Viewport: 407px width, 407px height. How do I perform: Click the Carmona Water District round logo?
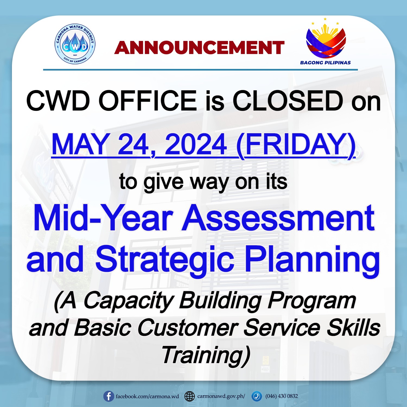coord(75,44)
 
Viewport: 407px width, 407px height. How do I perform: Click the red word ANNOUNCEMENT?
coord(199,48)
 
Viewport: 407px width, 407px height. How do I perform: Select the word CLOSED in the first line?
coord(288,101)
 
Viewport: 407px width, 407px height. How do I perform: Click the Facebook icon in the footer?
coord(109,396)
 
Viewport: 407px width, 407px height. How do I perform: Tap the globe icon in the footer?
coord(190,396)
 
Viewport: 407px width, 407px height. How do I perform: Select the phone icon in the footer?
coord(256,396)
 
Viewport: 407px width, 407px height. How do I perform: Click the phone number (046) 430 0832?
coord(282,396)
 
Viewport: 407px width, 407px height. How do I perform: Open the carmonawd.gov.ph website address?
coord(221,396)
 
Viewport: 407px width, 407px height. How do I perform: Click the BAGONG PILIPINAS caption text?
coord(325,63)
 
